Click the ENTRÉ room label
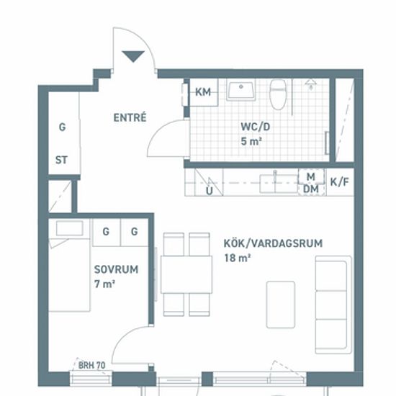[130, 117]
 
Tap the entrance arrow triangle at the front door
[133, 56]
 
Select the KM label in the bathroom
[203, 92]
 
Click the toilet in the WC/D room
[278, 94]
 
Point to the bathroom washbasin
[240, 91]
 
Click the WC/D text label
[256, 127]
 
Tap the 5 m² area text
[251, 141]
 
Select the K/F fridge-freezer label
[340, 182]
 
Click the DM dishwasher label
[311, 189]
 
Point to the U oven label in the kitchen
[210, 192]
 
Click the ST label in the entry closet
[61, 160]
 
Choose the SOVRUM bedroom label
[116, 269]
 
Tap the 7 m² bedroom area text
[104, 284]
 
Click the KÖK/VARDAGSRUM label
[274, 243]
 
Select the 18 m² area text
[238, 258]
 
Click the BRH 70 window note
[91, 365]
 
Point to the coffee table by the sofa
[281, 305]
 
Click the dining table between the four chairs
[186, 274]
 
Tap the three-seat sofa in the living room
[333, 305]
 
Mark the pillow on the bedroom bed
[69, 228]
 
